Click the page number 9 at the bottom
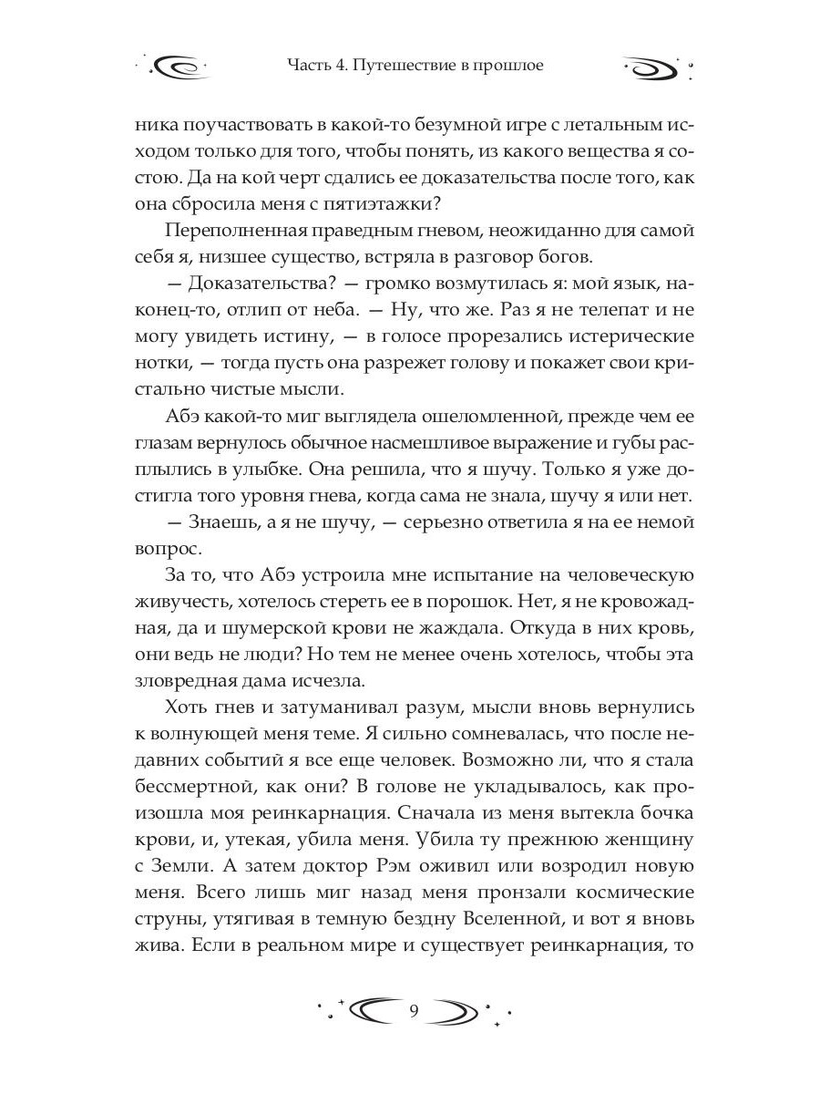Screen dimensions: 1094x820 [414, 1010]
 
